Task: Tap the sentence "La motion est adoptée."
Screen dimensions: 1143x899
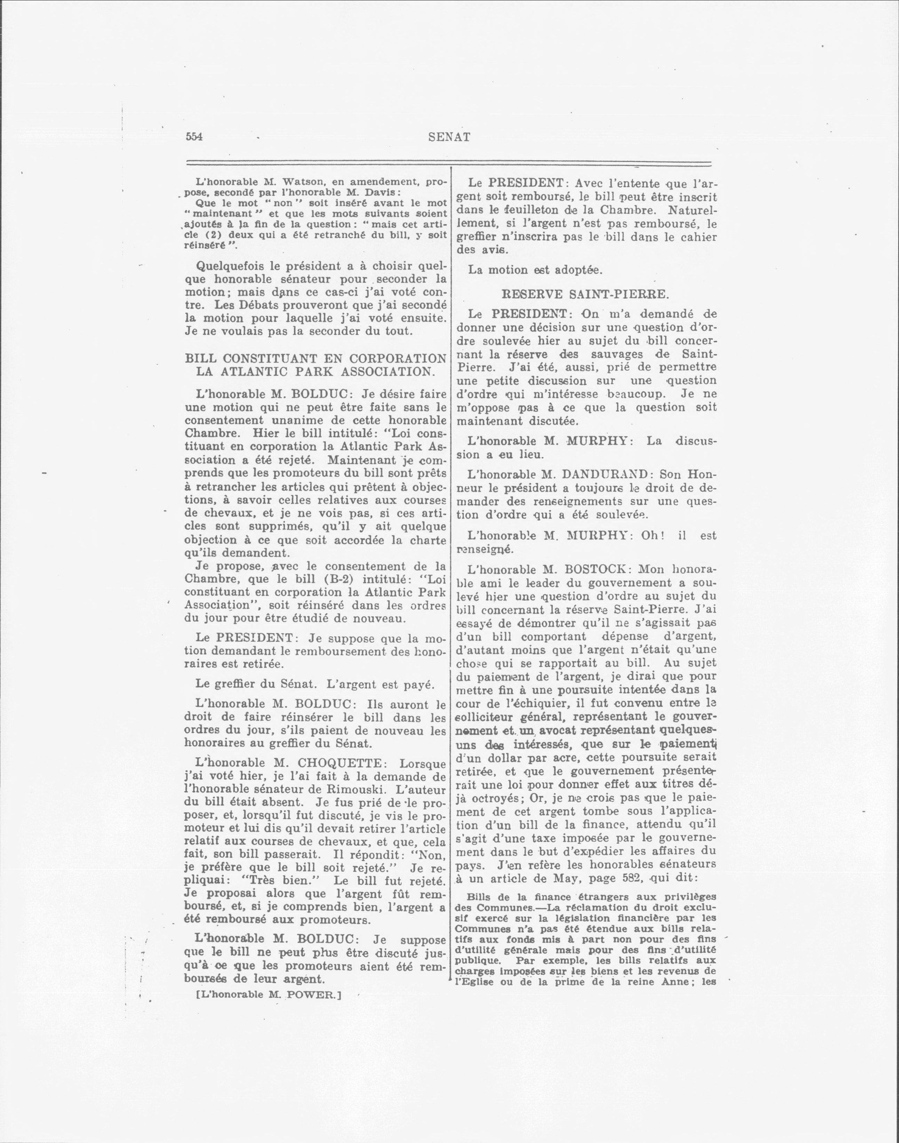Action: point(535,270)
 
